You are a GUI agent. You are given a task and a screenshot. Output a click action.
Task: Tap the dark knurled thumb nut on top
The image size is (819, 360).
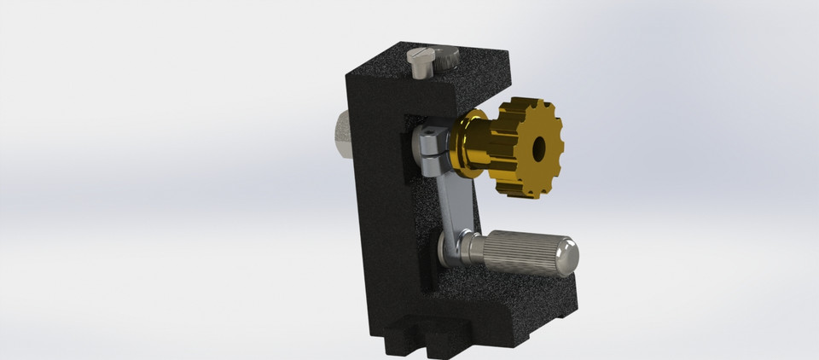[x=445, y=59]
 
